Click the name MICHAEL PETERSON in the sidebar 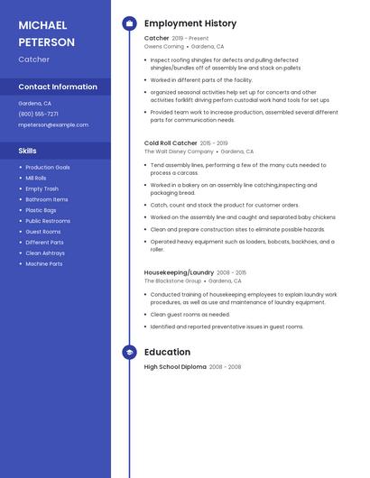47,33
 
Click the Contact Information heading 58,87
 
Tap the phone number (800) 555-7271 38,114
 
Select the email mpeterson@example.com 53,124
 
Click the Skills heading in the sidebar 27,151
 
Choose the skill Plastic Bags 42,210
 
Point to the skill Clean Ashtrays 44,253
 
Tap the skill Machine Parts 44,263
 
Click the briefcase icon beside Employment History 129,23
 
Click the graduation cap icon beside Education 129,352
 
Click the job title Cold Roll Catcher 171,142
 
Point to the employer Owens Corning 163,46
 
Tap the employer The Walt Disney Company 179,152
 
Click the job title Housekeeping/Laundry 179,271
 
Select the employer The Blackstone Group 172,280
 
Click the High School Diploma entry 175,367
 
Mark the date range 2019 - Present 190,39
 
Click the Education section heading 167,352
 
